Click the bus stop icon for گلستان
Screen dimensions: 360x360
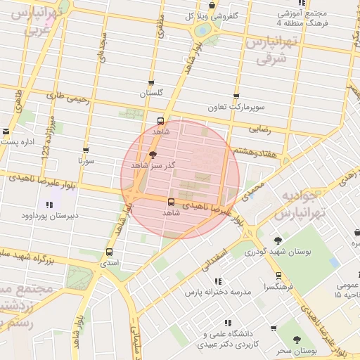coord(151,84)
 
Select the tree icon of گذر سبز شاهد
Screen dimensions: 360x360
coord(153,155)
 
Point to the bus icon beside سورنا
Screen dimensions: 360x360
coord(86,151)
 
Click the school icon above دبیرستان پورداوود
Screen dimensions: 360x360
coord(49,205)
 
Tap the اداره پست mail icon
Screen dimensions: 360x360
coord(6,131)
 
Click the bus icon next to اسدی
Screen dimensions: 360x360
coord(109,252)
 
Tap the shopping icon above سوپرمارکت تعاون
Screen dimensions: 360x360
coord(236,97)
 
